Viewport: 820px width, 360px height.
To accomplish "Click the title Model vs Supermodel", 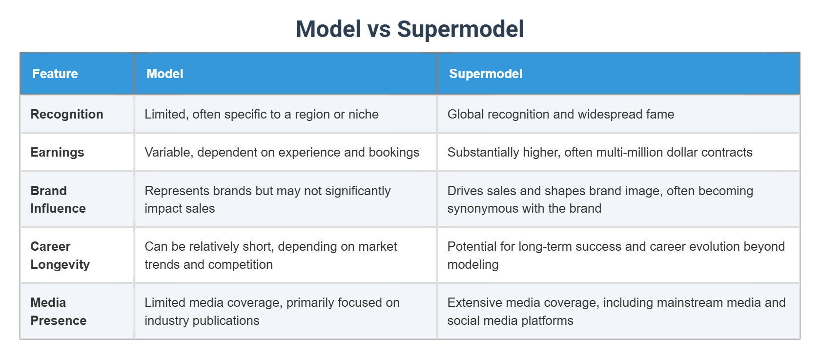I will (410, 29).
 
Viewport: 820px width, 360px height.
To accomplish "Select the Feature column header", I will (55, 74).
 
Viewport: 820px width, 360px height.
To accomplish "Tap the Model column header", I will (165, 74).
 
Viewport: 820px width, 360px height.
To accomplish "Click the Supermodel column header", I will (486, 74).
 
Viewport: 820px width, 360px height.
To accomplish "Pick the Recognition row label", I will (67, 114).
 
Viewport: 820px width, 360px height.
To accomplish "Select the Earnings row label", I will (57, 152).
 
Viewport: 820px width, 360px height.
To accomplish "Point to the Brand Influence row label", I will (58, 200).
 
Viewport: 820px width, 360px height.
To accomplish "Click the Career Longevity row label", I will (60, 255).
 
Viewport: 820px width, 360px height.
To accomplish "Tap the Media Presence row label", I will (58, 311).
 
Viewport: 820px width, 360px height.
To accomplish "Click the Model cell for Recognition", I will (262, 114).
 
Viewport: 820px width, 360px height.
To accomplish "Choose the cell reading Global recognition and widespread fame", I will (560, 114).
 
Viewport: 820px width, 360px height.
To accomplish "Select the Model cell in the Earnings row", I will (282, 152).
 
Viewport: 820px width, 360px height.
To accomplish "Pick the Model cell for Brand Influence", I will (267, 200).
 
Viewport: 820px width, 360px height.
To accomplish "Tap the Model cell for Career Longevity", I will (271, 255).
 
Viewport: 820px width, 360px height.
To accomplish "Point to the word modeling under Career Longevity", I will (472, 264).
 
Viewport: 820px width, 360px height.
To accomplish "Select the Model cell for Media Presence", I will (272, 311).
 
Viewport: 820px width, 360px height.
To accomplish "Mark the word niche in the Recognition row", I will (363, 114).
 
